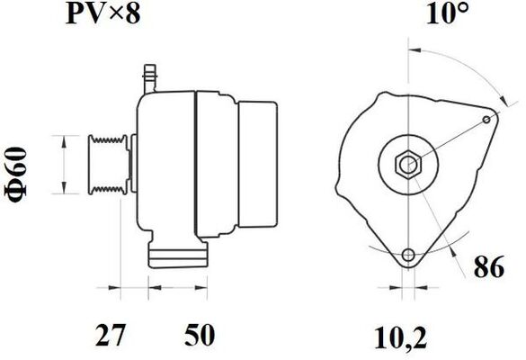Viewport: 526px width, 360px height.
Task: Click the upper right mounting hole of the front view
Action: [x=488, y=118]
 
